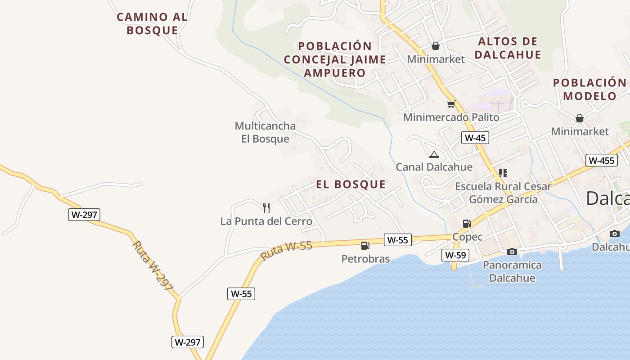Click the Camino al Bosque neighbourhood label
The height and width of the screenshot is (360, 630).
click(x=152, y=24)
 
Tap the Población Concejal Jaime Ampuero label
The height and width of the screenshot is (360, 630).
click(x=335, y=59)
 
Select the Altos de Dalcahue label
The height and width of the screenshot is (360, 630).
click(x=508, y=48)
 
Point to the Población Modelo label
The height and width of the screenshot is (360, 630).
click(x=589, y=89)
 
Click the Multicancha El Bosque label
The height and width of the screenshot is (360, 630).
click(x=265, y=132)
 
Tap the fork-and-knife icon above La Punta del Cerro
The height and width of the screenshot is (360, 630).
click(x=266, y=207)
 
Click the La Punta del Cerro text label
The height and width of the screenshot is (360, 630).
click(x=266, y=221)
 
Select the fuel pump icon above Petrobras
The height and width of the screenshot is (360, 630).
click(x=365, y=246)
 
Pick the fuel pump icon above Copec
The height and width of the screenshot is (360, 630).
click(x=467, y=224)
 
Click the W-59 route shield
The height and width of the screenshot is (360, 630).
click(x=455, y=255)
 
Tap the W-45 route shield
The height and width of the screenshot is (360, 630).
click(x=475, y=138)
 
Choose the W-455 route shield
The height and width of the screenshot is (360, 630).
click(x=601, y=160)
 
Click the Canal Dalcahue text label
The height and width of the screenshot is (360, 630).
click(x=434, y=167)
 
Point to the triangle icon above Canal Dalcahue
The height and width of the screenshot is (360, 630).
click(x=434, y=155)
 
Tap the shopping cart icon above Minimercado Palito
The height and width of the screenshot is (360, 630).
click(x=451, y=104)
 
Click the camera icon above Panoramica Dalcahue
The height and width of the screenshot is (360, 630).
click(x=512, y=252)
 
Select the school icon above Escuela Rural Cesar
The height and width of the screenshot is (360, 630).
click(x=503, y=173)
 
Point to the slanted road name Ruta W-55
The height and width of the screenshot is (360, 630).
click(x=286, y=251)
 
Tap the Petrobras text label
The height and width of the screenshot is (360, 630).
click(x=365, y=259)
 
